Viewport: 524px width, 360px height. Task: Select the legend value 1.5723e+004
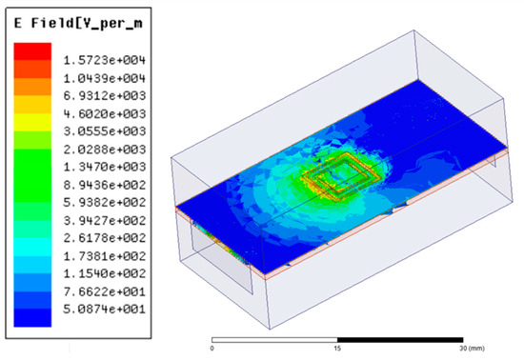(x=105, y=59)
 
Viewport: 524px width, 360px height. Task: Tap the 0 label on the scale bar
(x=212, y=348)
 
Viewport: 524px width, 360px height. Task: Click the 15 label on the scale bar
(x=336, y=348)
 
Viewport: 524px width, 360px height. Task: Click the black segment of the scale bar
(x=400, y=338)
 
